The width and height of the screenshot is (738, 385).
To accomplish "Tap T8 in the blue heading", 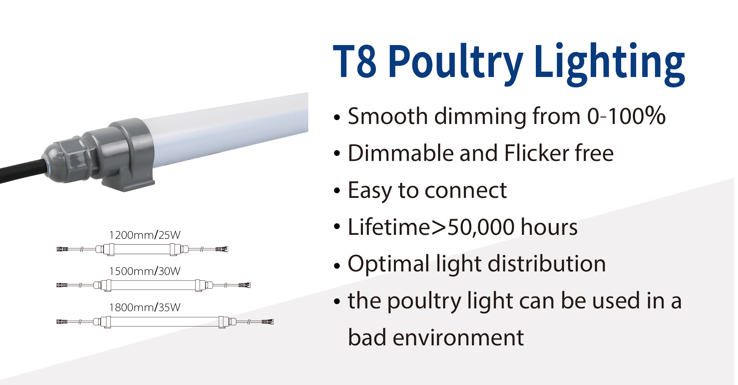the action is (354, 61).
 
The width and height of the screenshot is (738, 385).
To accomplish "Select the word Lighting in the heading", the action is (610, 64).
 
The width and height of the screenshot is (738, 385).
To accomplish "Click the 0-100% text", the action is (626, 116).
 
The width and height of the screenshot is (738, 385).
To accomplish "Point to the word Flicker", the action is (536, 153).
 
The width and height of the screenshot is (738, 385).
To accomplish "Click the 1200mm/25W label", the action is (145, 235).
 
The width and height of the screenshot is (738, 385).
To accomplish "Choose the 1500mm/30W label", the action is (145, 271).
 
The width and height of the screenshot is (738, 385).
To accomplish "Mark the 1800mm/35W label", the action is (145, 307).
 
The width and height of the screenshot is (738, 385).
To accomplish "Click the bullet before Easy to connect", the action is (337, 191).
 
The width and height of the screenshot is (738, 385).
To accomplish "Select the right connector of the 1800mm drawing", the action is (268, 321).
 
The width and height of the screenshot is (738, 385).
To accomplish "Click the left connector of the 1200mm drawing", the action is (62, 249).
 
